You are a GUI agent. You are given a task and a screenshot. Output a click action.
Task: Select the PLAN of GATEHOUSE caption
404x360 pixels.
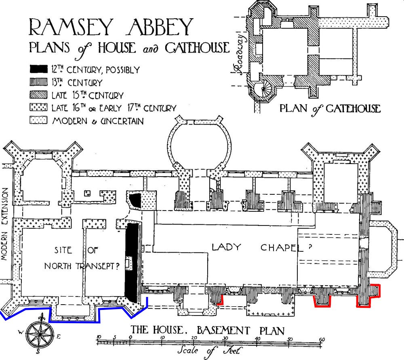pyautogui.click(x=329, y=108)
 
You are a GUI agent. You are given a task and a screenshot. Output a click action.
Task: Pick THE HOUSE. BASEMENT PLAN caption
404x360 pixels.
pyautogui.click(x=208, y=330)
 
